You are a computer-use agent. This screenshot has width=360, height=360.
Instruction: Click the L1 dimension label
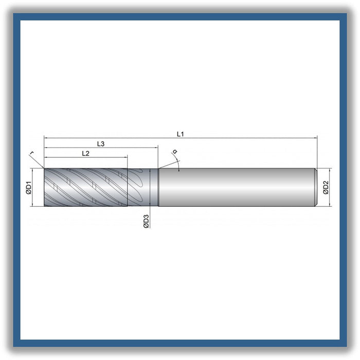180,134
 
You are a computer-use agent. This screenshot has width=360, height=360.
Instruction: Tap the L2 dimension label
85,153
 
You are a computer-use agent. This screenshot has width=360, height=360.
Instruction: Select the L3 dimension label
101,143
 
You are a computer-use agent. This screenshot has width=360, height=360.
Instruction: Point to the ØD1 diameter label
29,187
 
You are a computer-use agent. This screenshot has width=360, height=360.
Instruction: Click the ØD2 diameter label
326,187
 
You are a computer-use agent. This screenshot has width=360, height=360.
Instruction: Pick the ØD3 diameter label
146,221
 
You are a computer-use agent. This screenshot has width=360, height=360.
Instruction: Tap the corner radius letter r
32,153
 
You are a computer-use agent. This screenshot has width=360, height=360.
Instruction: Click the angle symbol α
175,152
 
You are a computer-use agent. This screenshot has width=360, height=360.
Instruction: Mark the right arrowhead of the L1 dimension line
315,138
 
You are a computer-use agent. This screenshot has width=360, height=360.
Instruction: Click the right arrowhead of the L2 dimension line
125,157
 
